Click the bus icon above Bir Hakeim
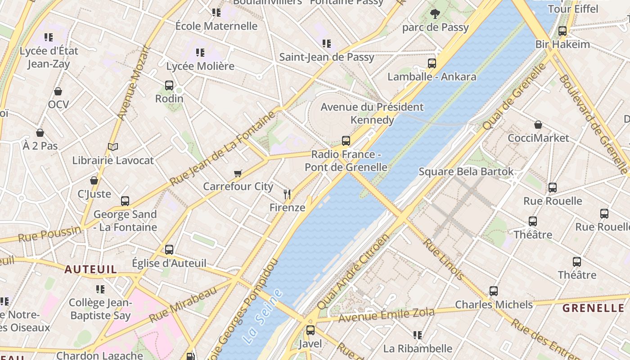562,31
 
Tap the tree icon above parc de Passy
434,14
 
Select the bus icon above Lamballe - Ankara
432,63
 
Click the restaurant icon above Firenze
287,194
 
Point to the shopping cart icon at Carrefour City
238,173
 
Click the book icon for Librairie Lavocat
113,147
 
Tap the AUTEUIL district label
90,270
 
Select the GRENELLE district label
593,308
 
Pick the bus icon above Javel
310,330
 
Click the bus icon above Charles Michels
494,291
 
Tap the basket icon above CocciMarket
538,125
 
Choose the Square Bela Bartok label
466,171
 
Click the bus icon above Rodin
169,85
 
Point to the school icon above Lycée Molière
200,53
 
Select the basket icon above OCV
58,92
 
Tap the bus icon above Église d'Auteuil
169,249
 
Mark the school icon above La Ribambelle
417,335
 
